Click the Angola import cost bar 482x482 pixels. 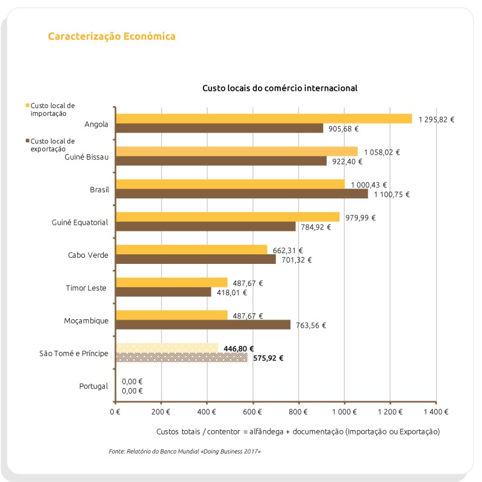click(263, 119)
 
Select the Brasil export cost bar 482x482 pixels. click(241, 194)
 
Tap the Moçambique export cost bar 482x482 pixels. click(202, 325)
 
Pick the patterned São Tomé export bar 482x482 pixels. click(181, 357)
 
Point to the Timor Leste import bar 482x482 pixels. click(171, 283)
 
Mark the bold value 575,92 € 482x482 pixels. click(268, 358)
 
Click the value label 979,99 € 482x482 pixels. click(360, 218)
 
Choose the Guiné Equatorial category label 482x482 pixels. click(80, 222)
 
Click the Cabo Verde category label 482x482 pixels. click(88, 255)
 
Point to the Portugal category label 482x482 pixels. click(93, 386)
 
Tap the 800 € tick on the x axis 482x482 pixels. click(298, 412)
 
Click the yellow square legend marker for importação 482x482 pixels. click(27, 105)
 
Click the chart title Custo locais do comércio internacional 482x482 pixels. click(280, 88)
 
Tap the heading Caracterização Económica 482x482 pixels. click(111, 36)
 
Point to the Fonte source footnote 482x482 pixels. click(185, 451)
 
